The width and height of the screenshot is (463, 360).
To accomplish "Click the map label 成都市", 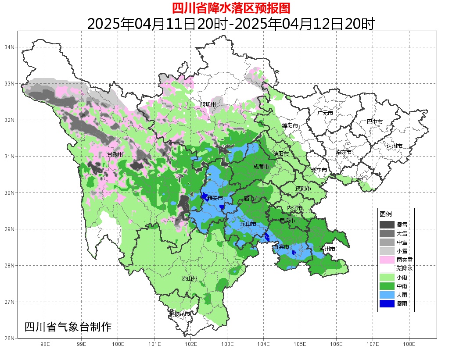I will [x=261, y=167].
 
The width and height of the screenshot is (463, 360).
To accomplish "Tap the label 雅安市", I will [x=215, y=198].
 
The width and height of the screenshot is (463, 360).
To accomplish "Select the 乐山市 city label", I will [x=248, y=224].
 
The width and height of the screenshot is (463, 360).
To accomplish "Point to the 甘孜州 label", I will [x=115, y=154].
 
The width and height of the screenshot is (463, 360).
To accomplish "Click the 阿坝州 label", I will [x=208, y=104].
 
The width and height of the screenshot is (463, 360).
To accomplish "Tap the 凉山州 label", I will [x=190, y=279].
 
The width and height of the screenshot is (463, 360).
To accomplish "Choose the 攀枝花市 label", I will [x=179, y=314].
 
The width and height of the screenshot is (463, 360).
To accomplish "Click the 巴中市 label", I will [x=374, y=121].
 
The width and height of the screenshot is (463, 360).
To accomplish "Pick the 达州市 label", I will [x=394, y=146].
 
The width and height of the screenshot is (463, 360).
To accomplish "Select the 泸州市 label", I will [x=327, y=249].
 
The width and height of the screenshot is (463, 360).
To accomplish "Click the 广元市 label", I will [x=325, y=113].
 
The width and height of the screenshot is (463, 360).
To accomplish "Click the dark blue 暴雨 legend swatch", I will [x=387, y=303].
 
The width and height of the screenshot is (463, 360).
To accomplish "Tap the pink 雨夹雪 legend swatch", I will [x=387, y=260].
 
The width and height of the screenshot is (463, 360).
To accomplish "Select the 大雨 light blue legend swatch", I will [x=387, y=295].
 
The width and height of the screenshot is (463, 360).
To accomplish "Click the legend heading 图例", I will [x=386, y=214].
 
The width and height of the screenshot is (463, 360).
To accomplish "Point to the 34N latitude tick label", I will [x=10, y=47].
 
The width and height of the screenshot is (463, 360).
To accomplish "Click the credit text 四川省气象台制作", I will [x=68, y=327].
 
